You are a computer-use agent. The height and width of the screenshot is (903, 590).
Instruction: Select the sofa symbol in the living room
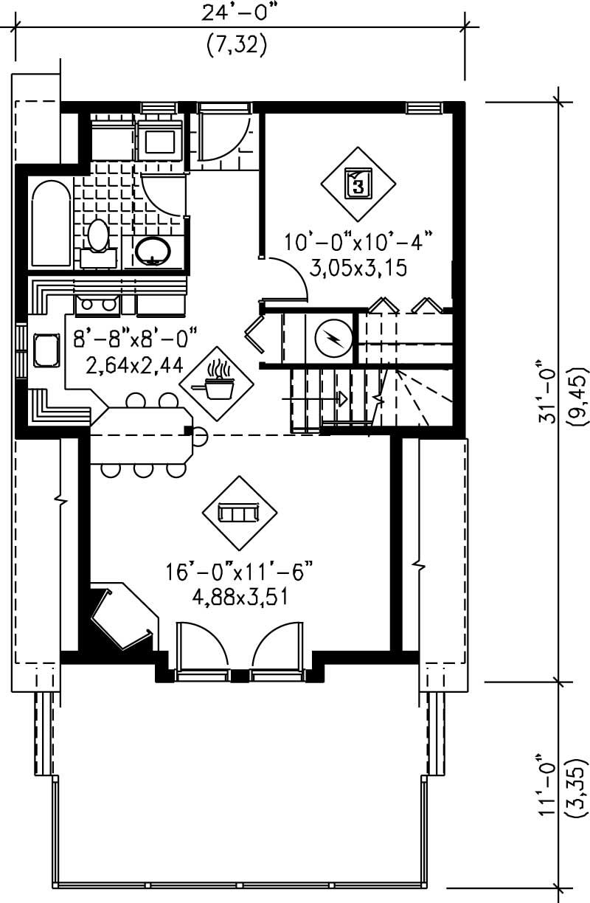240,512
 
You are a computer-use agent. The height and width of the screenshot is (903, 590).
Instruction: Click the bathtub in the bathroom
51,223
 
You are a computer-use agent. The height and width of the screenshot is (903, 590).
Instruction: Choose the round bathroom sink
153,251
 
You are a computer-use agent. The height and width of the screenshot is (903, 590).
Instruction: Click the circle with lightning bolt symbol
333,339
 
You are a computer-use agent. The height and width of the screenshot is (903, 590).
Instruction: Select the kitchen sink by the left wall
46,350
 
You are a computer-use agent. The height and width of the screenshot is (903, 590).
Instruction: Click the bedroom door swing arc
291,277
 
